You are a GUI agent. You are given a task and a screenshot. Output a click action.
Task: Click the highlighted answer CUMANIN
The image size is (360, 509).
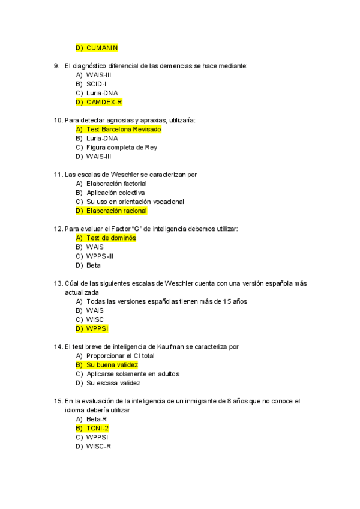tap(102, 47)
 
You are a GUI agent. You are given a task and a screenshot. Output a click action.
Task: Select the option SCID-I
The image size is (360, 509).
tap(96, 84)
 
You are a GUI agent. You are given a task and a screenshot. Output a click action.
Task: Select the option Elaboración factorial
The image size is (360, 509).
tap(116, 184)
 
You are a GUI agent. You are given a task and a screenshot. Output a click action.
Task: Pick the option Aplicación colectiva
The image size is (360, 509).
tap(116, 193)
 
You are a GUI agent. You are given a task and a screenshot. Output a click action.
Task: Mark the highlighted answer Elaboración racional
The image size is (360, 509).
tap(116, 211)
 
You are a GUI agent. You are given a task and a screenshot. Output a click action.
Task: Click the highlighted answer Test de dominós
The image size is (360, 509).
tap(111, 238)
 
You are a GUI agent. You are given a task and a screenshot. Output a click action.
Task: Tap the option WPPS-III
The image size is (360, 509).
tap(100, 256)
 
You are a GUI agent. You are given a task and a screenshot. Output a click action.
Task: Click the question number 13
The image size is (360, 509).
tap(58, 283)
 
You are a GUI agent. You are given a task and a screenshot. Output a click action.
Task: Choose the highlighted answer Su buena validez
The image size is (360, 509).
tap(112, 364)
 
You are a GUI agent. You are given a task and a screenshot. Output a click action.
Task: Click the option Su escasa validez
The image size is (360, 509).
tap(113, 382)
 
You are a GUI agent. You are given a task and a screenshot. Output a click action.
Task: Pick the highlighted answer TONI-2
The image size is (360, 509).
tap(97, 428)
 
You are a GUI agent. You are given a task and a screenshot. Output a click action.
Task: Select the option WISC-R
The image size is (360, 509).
tap(98, 446)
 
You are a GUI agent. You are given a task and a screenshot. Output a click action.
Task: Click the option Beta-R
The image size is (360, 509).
tap(97, 419)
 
